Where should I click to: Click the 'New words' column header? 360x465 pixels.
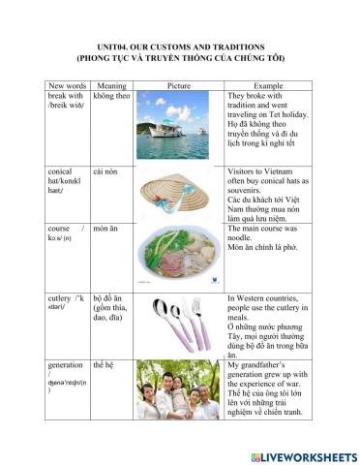[67, 85]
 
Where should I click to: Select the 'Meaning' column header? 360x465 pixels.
[109, 85]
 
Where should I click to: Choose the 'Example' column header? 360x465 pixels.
[268, 85]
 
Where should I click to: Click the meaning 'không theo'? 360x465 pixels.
[112, 96]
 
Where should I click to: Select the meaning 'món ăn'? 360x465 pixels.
[106, 230]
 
